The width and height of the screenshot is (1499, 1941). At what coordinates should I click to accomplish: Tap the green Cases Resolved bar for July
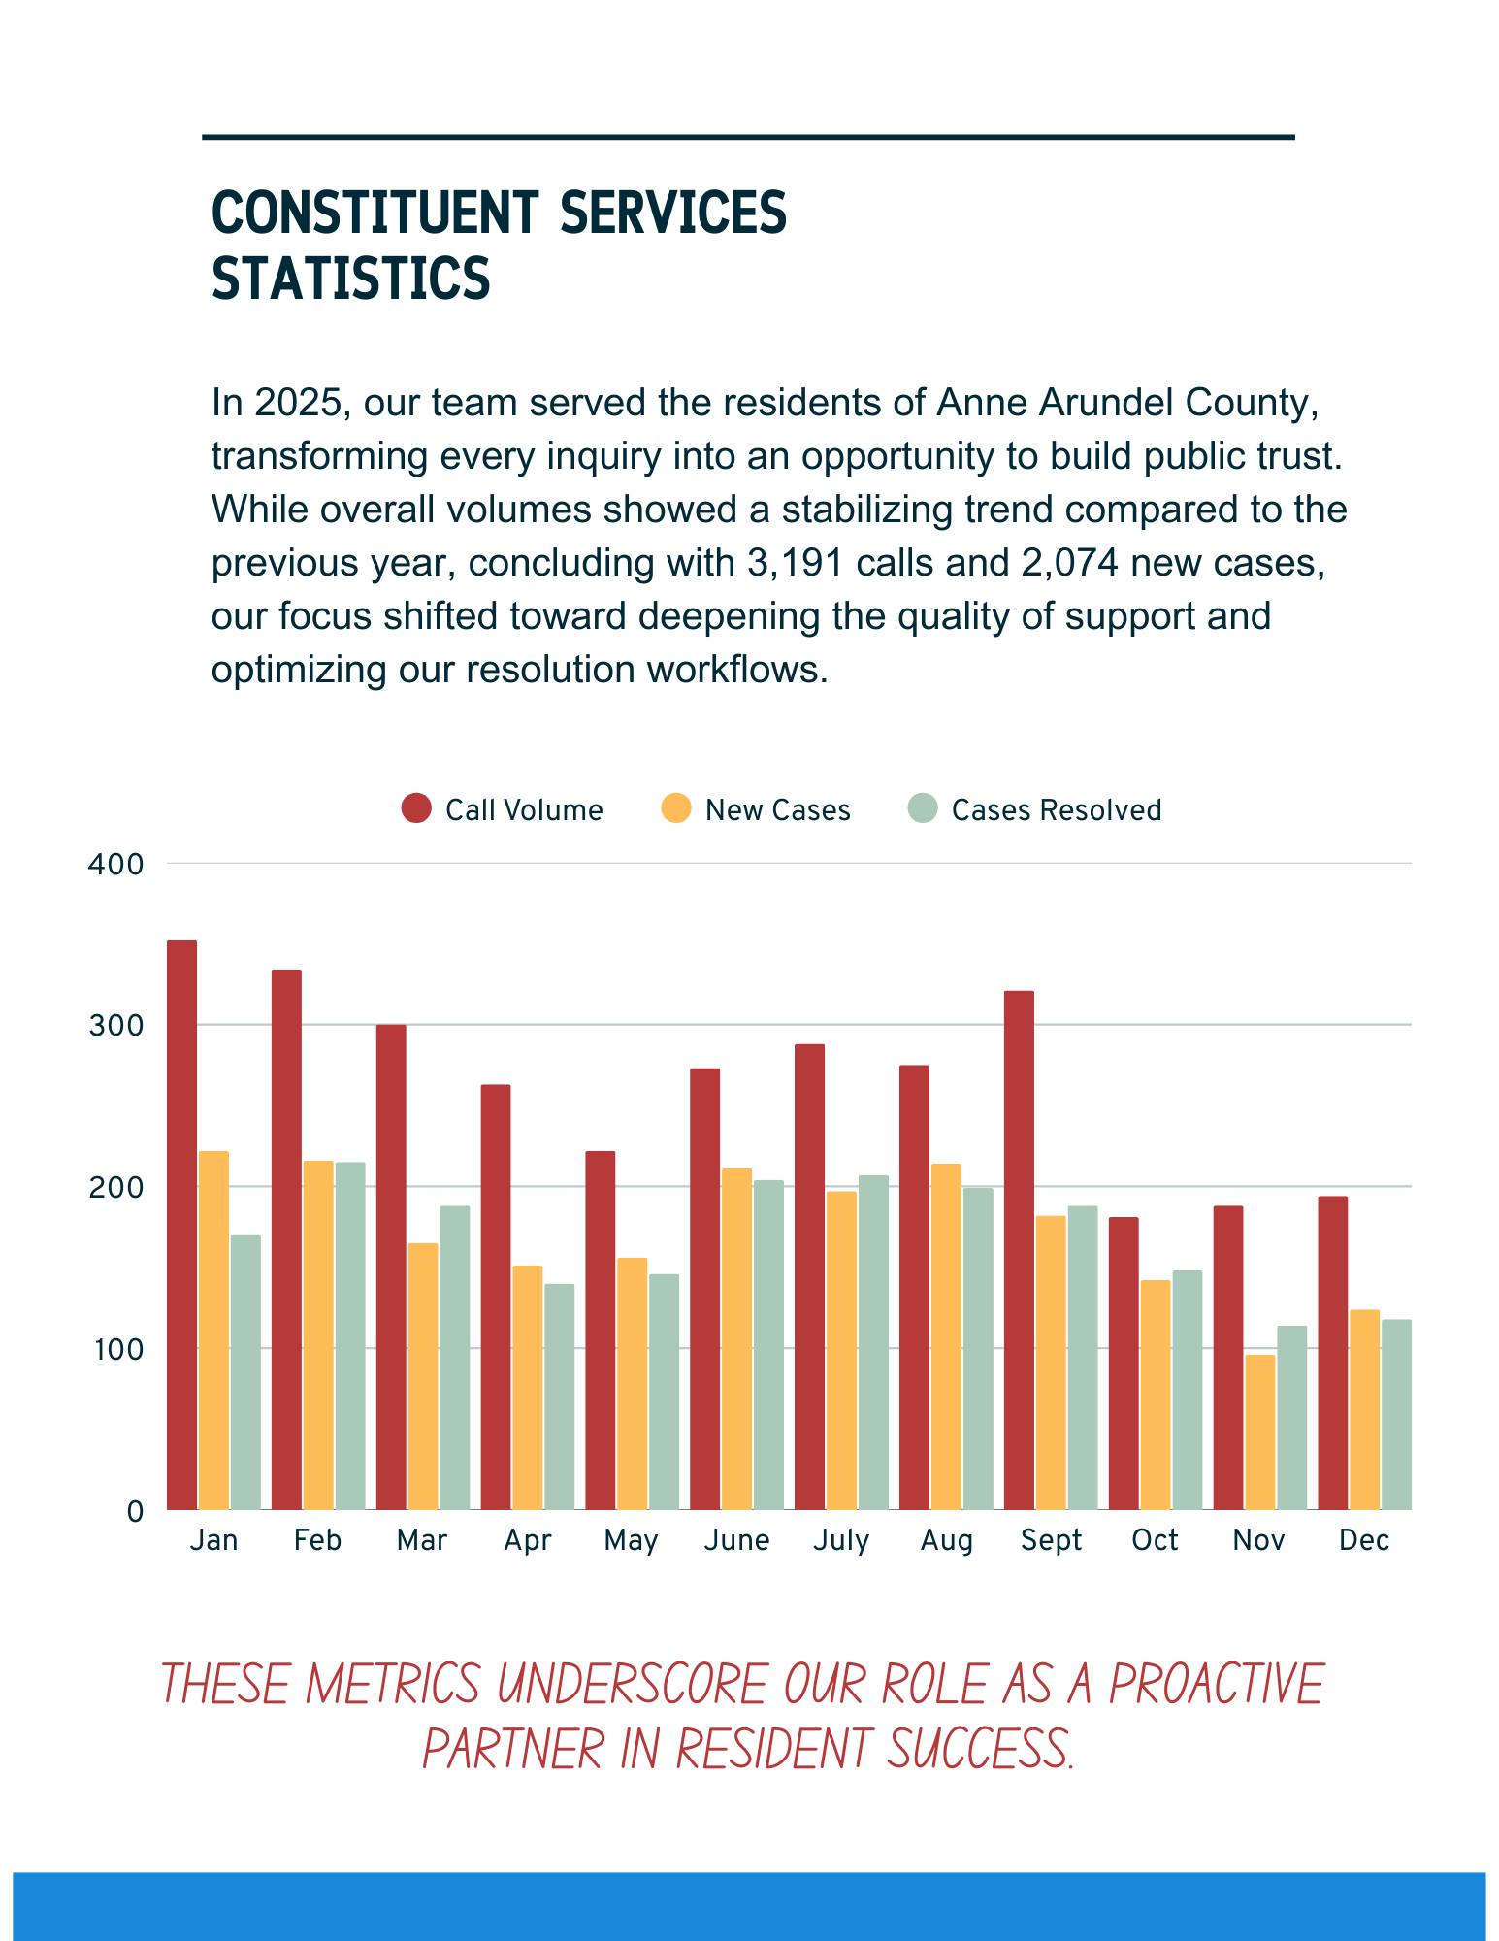coord(873,1342)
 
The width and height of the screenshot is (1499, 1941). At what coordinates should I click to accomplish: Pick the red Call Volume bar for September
coord(1019,1250)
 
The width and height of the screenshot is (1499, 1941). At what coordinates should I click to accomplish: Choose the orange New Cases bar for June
coord(736,1338)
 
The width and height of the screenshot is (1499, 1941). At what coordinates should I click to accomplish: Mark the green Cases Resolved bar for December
coord(1396,1414)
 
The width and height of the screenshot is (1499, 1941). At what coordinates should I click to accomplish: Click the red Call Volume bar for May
coord(600,1330)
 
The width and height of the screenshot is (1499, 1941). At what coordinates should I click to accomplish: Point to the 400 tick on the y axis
coord(115,864)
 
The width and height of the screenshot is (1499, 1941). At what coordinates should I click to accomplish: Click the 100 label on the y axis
coord(115,1349)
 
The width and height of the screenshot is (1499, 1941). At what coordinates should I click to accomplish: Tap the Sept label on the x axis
coord(1051,1541)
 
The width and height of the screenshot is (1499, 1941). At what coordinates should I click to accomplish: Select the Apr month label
coord(527,1541)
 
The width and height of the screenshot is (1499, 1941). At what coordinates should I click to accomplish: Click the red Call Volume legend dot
coord(416,808)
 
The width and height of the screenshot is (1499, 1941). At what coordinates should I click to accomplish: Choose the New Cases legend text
coord(777,810)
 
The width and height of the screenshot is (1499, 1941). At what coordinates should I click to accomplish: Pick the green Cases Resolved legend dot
coord(923,808)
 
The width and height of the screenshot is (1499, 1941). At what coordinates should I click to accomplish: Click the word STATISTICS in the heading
coord(351,280)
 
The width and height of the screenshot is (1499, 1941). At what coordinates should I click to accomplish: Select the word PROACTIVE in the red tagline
coord(1216,1685)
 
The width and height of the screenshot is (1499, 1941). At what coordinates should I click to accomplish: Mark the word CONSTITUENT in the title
coord(375,214)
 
